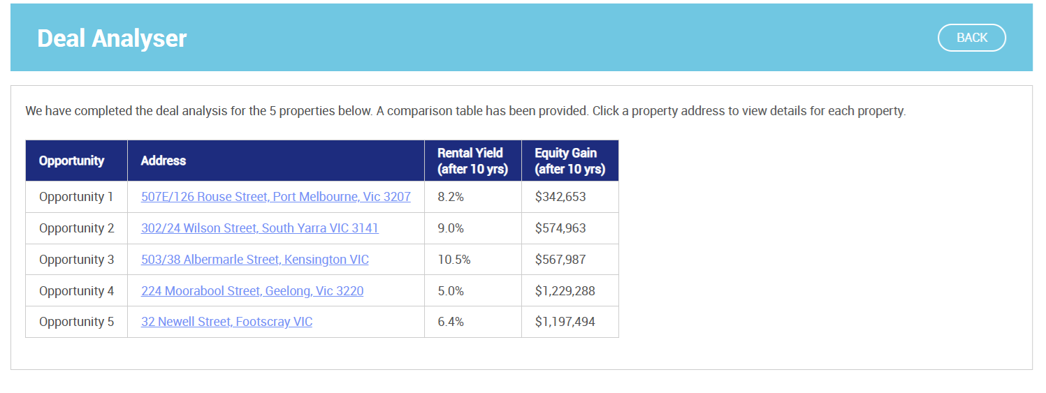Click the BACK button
point(971,38)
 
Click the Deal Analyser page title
point(112,38)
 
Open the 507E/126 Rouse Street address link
point(275,197)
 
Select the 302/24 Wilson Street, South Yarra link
point(259,228)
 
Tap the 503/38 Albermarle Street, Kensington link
point(254,260)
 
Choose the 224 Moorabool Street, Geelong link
point(252,291)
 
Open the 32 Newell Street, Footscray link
point(226,322)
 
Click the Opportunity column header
point(71,161)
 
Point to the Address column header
point(164,161)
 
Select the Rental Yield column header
point(472,161)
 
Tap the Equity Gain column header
point(569,161)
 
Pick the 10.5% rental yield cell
point(454,260)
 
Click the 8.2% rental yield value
point(451,197)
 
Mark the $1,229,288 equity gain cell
point(565,291)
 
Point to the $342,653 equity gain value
point(560,197)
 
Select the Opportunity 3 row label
point(76,260)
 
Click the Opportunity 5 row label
point(76,322)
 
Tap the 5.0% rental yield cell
point(451,291)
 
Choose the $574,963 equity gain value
point(560,228)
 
